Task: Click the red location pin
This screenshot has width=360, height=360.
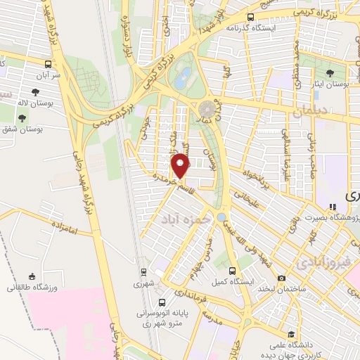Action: pyautogui.click(x=181, y=166)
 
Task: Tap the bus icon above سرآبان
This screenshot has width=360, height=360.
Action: pyautogui.click(x=48, y=63)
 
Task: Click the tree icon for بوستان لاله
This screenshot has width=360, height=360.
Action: pyautogui.click(x=35, y=91)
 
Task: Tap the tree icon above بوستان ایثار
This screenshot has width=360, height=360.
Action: pyautogui.click(x=330, y=72)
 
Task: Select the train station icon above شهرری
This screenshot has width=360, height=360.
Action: pyautogui.click(x=143, y=272)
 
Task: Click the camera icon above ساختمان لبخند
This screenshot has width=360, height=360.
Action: pyautogui.click(x=281, y=278)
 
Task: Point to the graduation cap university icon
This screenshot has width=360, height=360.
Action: pyautogui.click(x=290, y=334)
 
